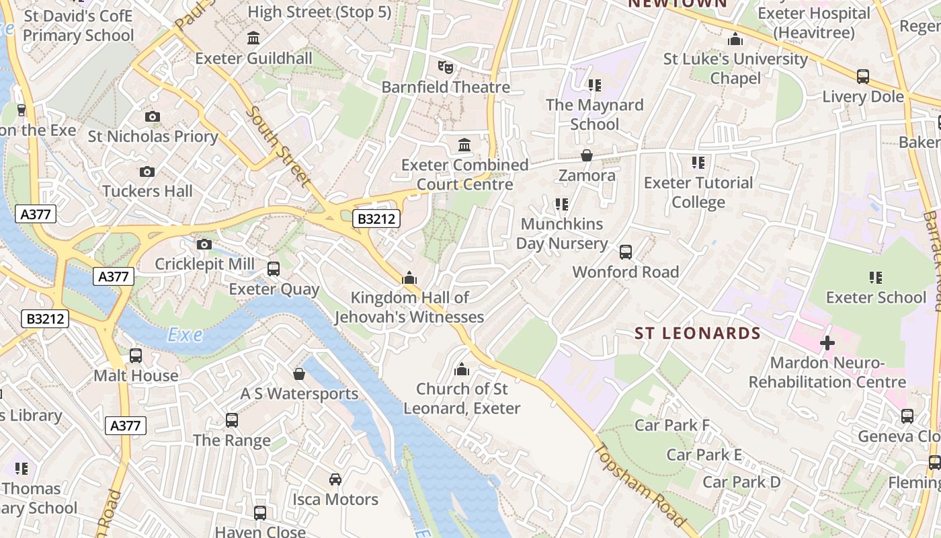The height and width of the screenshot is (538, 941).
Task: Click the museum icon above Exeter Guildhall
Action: (x=253, y=38)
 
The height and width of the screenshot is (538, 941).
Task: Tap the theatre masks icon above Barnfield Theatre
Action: (x=446, y=67)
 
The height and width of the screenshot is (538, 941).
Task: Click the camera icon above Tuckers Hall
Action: (x=147, y=172)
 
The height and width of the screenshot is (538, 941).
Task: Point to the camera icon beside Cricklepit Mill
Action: (x=204, y=244)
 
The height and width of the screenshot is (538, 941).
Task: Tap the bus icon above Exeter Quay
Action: (x=274, y=269)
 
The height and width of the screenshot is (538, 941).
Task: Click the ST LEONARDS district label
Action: (x=698, y=334)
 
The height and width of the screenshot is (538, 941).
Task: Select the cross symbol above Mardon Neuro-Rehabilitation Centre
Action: (x=827, y=344)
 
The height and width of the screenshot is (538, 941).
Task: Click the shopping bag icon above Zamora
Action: (x=587, y=156)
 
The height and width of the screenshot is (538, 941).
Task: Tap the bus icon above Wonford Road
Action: (x=626, y=252)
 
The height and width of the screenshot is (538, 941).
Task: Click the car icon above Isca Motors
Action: (x=335, y=479)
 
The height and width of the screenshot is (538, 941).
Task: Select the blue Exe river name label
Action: (x=185, y=335)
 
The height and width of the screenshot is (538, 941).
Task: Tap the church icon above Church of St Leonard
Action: (x=462, y=369)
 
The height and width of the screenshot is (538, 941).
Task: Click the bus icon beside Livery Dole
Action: (x=863, y=77)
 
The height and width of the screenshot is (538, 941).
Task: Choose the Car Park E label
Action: (x=704, y=455)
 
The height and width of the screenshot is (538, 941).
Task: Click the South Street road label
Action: (x=279, y=146)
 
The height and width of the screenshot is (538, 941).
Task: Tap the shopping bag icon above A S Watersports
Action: (x=299, y=374)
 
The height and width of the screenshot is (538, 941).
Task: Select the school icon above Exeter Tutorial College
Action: (x=698, y=163)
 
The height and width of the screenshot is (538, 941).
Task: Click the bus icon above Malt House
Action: (x=136, y=356)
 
